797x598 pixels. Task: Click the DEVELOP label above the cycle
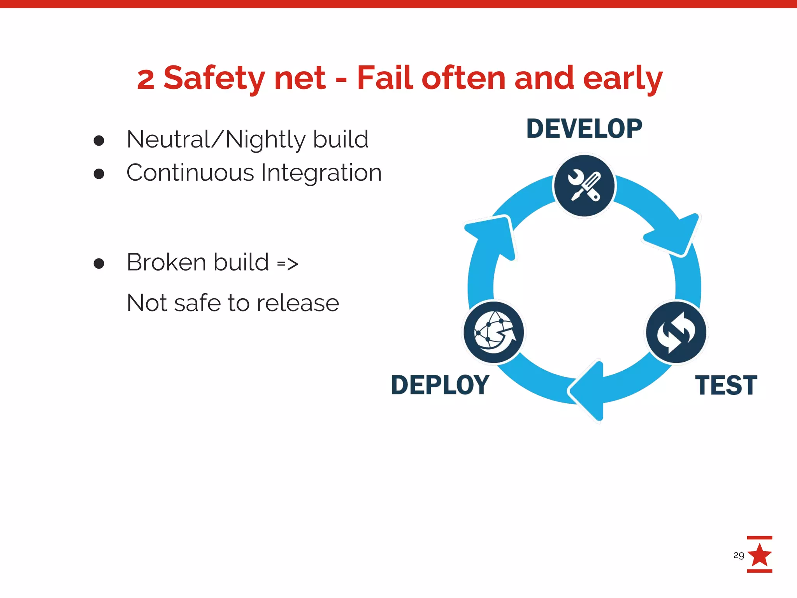click(x=584, y=129)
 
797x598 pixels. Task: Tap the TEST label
click(x=726, y=385)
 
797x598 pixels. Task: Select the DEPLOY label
click(x=440, y=385)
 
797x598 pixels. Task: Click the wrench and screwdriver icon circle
click(x=584, y=186)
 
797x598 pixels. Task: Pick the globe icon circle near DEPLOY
click(x=494, y=332)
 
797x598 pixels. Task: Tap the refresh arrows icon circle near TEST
click(x=676, y=332)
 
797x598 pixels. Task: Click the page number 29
click(x=739, y=555)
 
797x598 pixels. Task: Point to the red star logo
click(x=760, y=555)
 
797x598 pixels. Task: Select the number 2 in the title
click(x=146, y=79)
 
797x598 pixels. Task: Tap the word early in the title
click(x=622, y=78)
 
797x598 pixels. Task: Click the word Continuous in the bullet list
click(x=190, y=172)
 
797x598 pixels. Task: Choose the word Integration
click(x=321, y=173)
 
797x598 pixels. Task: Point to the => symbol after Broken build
click(x=288, y=264)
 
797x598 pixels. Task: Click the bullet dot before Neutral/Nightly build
click(x=99, y=140)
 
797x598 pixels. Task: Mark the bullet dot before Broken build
click(x=99, y=263)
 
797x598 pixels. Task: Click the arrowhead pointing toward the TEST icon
click(x=675, y=234)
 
